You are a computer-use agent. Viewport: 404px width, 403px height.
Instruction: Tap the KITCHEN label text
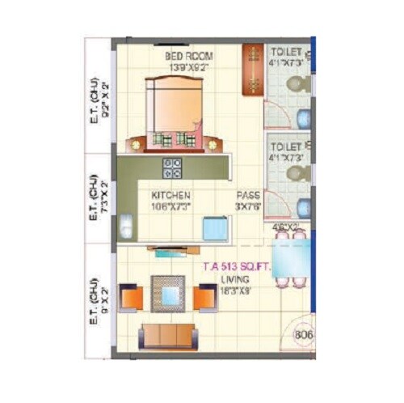pyautogui.click(x=171, y=196)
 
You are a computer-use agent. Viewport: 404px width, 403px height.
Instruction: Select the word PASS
pyautogui.click(x=248, y=196)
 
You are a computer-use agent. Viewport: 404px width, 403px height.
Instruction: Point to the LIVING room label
pyautogui.click(x=236, y=280)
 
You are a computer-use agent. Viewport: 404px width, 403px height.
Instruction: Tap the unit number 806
pyautogui.click(x=304, y=331)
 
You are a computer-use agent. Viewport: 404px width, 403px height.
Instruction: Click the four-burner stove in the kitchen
pyautogui.click(x=172, y=168)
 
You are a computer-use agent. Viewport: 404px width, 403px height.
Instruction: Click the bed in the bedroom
pyautogui.click(x=173, y=109)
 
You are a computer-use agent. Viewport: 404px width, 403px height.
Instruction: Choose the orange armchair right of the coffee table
pyautogui.click(x=204, y=298)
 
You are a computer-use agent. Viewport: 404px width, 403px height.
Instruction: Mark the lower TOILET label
pyautogui.click(x=288, y=146)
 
